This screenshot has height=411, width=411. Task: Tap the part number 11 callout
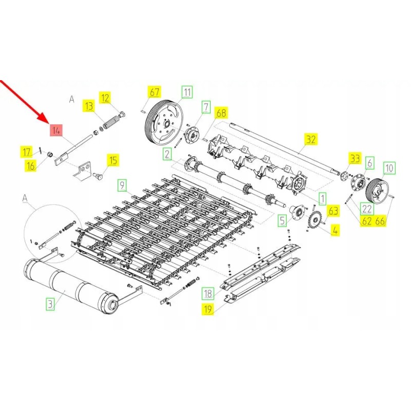coord(186,92)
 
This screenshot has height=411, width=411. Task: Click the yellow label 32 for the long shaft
coord(311,139)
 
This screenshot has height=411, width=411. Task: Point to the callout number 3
coord(50,304)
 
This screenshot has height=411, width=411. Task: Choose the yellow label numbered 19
coord(208,309)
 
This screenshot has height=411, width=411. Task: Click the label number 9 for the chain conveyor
coord(122,184)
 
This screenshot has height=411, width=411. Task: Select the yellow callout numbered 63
coord(334,211)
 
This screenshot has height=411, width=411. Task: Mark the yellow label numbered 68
coord(221,113)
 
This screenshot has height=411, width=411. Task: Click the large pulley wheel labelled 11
coord(163,122)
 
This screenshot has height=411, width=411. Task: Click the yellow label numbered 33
coord(355,158)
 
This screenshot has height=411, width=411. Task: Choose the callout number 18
coord(208,294)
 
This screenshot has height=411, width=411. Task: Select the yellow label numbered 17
coord(26,152)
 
